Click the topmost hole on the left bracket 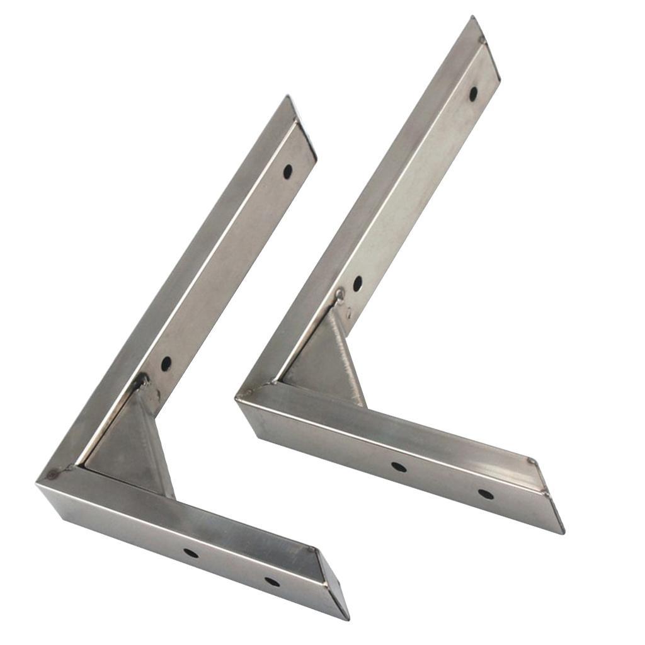(287, 171)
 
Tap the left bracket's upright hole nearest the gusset (166, 363)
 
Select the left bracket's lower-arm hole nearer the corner (190, 553)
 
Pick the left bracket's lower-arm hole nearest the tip (272, 581)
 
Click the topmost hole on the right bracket (473, 94)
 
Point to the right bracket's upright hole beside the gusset (357, 283)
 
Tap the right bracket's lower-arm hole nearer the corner (398, 467)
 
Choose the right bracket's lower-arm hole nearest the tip (486, 494)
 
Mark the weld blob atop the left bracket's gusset (140, 380)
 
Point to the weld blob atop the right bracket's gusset (340, 294)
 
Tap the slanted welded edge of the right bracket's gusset (351, 356)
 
